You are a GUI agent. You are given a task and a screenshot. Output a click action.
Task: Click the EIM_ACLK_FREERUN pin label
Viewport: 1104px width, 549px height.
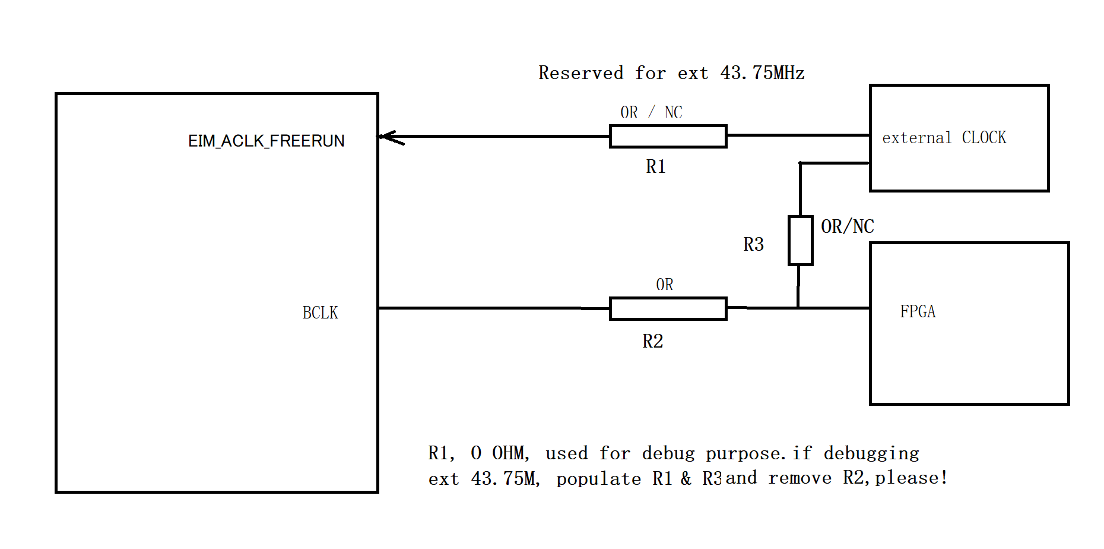tap(266, 141)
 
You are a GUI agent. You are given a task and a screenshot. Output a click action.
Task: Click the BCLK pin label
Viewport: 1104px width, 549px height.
tap(320, 313)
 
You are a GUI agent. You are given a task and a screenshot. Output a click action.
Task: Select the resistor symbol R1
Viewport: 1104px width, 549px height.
tap(668, 136)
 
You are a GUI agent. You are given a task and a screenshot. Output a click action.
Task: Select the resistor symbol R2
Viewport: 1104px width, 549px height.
tap(668, 308)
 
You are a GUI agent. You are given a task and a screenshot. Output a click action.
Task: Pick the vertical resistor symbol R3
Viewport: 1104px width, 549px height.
tap(800, 241)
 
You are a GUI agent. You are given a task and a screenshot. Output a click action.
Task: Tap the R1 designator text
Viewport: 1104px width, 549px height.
tap(655, 167)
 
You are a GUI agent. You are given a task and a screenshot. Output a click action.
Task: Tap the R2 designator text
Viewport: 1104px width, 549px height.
tap(652, 341)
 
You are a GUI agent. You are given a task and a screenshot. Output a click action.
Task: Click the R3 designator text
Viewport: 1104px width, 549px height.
tap(753, 244)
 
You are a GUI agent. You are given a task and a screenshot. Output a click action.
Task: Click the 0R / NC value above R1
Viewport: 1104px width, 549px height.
tap(651, 112)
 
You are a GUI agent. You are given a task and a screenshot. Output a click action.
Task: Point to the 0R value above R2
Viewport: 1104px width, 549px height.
tap(664, 285)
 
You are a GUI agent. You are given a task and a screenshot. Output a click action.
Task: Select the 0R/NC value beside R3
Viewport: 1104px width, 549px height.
tap(847, 226)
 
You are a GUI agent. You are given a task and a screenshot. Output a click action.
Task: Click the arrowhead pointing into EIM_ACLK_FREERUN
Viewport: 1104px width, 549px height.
tap(389, 137)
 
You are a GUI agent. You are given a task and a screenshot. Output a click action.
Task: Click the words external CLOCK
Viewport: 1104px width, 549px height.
tap(944, 138)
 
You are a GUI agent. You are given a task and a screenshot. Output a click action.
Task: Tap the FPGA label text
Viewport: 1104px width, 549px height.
tap(918, 311)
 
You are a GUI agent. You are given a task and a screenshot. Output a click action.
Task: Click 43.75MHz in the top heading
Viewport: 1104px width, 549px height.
tap(762, 72)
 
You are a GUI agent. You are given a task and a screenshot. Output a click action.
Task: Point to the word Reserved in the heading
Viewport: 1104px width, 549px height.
tap(580, 72)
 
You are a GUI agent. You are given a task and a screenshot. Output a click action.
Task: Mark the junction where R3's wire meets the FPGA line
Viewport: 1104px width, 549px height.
tap(798, 308)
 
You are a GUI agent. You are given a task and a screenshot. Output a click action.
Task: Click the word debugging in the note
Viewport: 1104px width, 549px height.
tap(871, 453)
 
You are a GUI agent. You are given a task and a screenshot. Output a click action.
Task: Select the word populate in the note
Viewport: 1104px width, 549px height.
tap(598, 479)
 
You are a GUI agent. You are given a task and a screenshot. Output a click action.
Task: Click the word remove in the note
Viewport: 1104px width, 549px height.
tap(800, 478)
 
